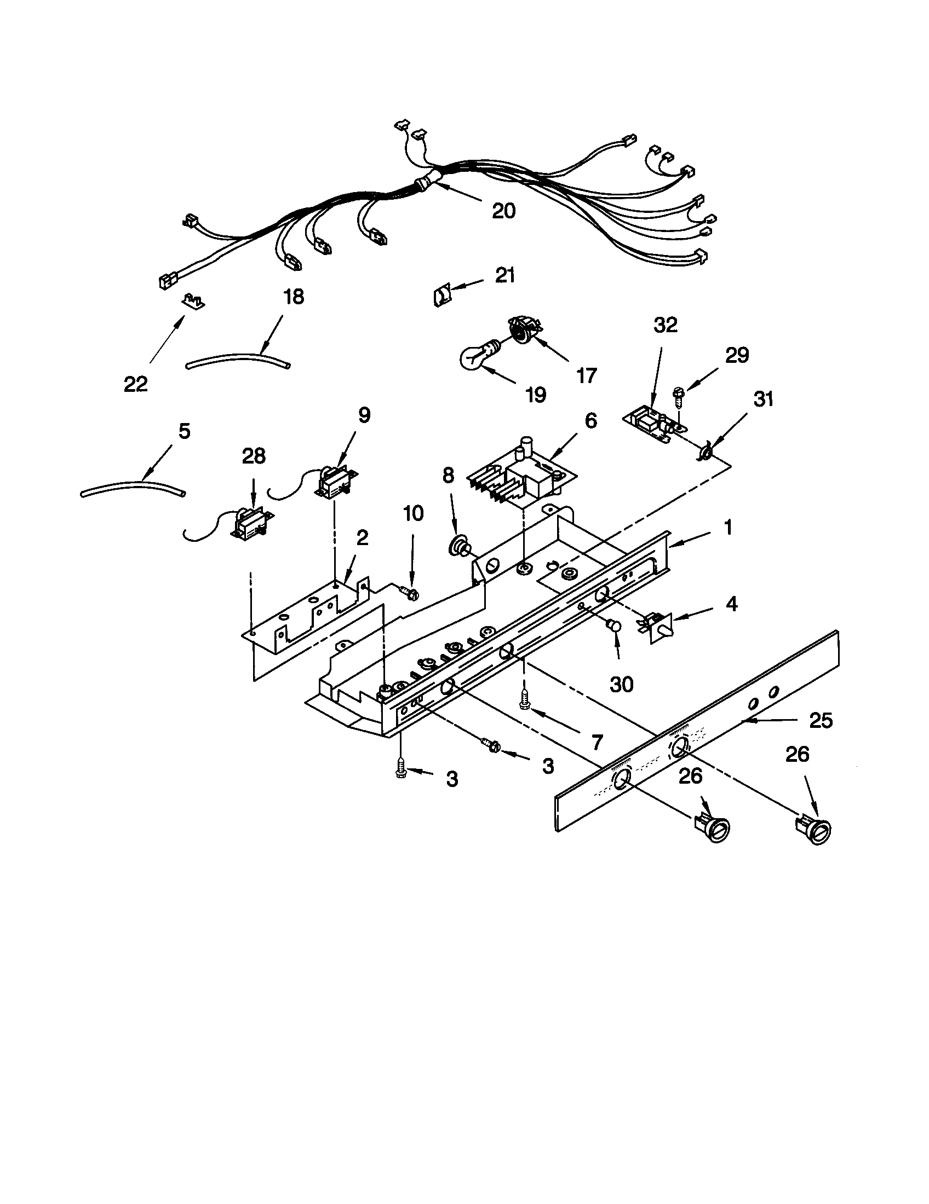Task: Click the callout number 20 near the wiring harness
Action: (x=503, y=210)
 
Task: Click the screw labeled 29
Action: (x=678, y=396)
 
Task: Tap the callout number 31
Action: (x=763, y=400)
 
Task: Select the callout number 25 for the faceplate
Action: (x=820, y=721)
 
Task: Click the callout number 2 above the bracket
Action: (x=362, y=537)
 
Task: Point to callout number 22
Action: (x=135, y=384)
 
